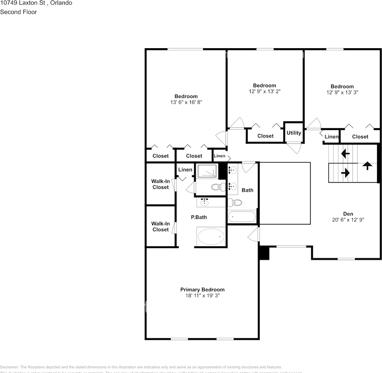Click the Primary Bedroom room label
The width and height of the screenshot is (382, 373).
point(202,289)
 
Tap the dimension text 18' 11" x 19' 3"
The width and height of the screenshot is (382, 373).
point(202,296)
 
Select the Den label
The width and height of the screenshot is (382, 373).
point(348,213)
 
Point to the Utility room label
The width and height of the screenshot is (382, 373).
point(294,133)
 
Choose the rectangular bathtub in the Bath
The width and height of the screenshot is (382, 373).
point(242,217)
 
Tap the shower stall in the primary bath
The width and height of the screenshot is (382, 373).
point(207,171)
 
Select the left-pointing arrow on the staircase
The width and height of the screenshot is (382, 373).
point(345,154)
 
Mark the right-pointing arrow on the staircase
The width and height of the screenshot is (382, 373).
point(345,173)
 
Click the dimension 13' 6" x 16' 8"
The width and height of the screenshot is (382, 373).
point(186,102)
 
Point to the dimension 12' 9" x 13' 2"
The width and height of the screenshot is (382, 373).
point(265,91)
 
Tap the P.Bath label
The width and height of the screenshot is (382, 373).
point(199,217)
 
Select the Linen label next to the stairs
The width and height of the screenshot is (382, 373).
point(331,137)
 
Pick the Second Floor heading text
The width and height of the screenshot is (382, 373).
point(18,12)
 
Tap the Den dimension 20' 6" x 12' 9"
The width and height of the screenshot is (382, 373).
point(348,220)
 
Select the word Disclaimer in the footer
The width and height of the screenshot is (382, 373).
point(9,367)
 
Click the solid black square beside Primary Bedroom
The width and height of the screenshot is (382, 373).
point(264,253)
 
